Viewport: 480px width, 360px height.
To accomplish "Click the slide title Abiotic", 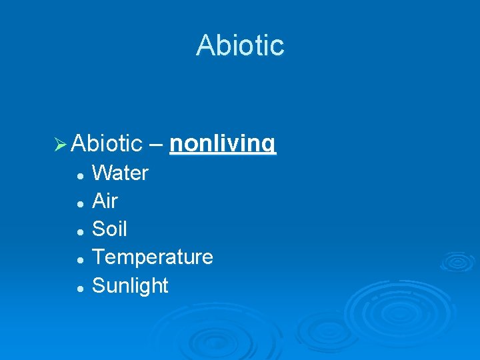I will (x=240, y=45).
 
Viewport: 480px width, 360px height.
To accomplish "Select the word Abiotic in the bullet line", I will (x=107, y=143).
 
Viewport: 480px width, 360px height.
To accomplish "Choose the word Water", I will (x=120, y=173).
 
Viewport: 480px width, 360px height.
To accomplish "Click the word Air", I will (x=105, y=201).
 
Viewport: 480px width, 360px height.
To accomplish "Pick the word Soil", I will (x=109, y=229).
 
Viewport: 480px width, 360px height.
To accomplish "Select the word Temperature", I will (x=153, y=257).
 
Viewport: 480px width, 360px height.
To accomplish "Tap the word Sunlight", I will (x=130, y=285).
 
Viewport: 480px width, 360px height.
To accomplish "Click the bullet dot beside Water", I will (x=79, y=175).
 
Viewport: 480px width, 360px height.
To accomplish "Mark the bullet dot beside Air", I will (x=79, y=203).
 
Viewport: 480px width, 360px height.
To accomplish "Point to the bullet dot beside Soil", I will (x=79, y=231).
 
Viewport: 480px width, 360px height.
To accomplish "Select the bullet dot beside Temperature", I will (x=79, y=259).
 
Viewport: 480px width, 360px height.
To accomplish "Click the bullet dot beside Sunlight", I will (x=79, y=287).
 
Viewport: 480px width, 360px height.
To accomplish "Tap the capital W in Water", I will (x=102, y=173).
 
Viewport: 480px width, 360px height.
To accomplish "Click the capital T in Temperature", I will (x=99, y=257).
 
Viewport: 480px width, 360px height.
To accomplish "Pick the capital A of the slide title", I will (x=205, y=45).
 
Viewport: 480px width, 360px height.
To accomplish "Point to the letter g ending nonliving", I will (x=269, y=145).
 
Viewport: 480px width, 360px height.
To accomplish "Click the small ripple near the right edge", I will (x=456, y=262).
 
